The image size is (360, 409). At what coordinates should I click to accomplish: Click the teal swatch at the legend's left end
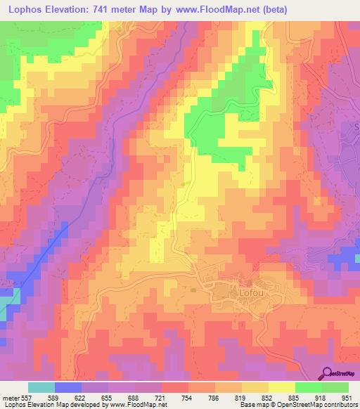[x=41, y=387]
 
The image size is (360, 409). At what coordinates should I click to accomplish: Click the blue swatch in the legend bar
[x=67, y=387]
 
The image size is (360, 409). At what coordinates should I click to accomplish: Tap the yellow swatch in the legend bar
[x=281, y=387]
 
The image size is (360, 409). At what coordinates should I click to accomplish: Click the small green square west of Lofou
[x=193, y=287]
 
